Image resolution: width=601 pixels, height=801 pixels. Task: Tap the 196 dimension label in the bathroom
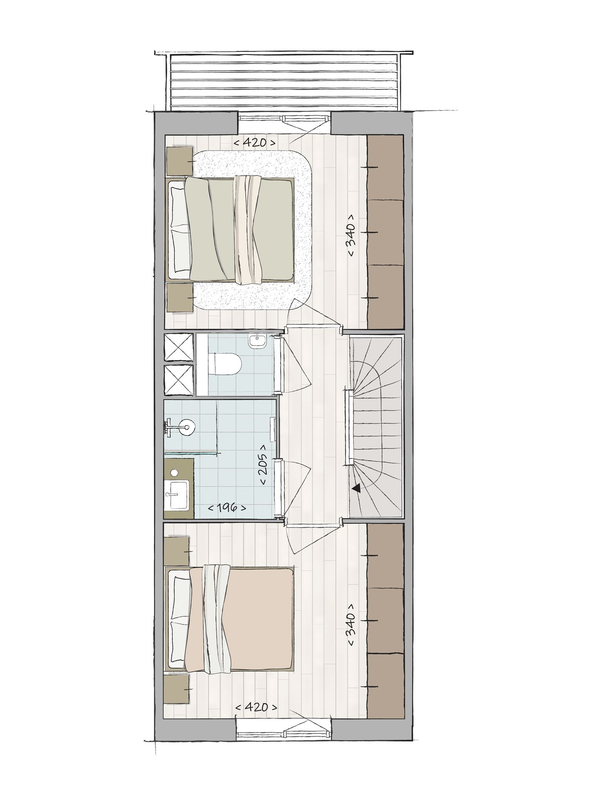tap(226, 508)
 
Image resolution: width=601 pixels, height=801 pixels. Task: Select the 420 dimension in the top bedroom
tap(255, 143)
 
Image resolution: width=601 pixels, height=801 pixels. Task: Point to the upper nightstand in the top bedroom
tap(180, 161)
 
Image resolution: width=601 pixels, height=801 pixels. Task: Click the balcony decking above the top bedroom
tap(283, 81)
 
